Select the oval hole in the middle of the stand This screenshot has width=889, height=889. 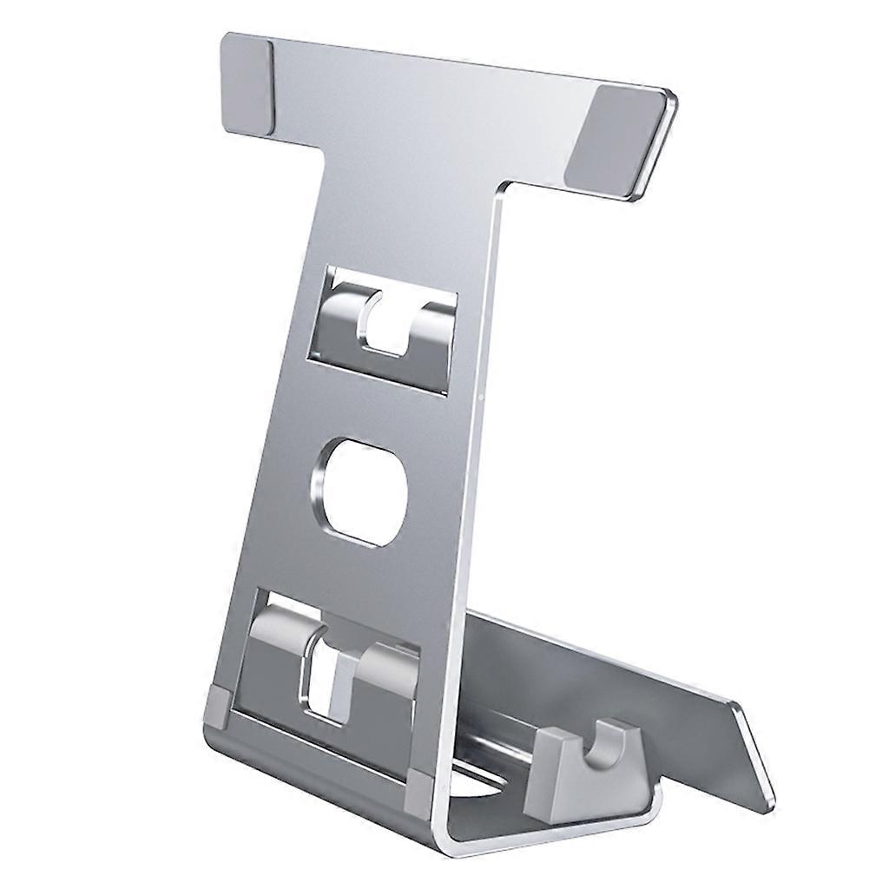coord(358,491)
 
